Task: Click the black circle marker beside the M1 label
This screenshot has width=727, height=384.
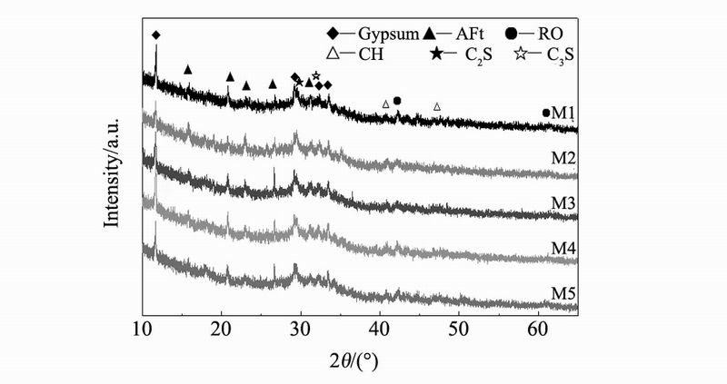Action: click(x=546, y=113)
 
